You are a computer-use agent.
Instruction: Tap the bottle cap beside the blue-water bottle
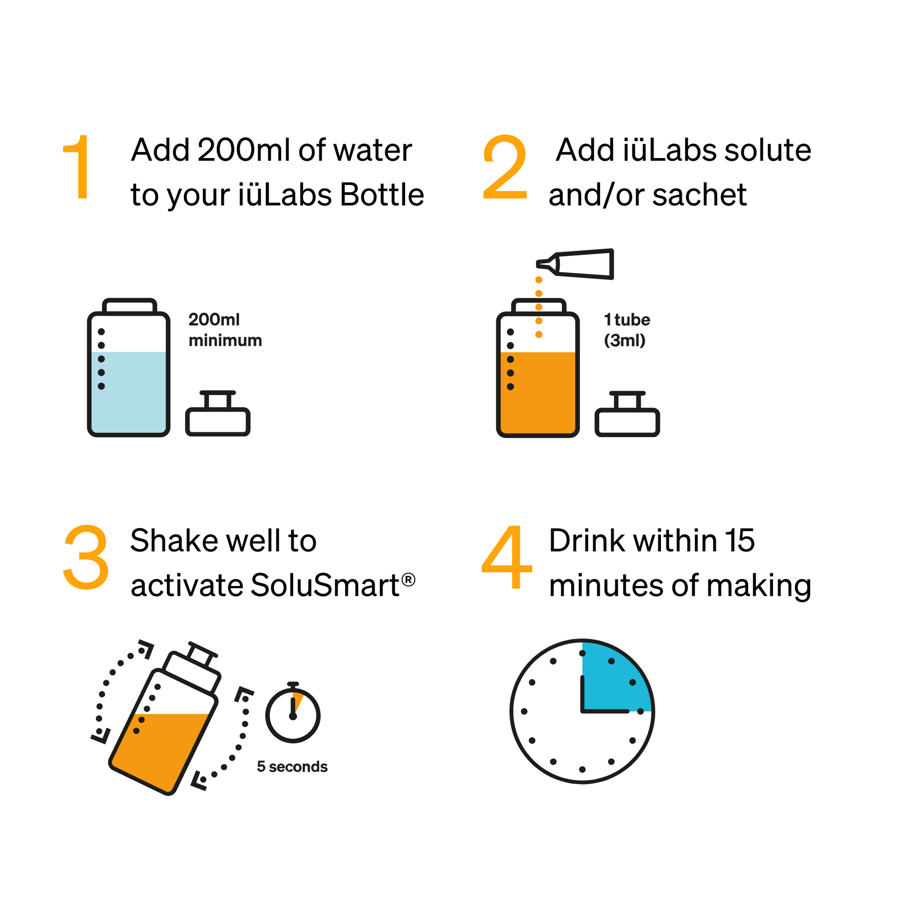218,416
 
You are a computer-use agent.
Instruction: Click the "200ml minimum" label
225,330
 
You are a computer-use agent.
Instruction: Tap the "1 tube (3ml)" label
626,330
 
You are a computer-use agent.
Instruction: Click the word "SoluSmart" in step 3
325,585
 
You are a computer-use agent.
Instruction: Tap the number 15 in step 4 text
740,541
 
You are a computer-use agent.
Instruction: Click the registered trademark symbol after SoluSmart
408,579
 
